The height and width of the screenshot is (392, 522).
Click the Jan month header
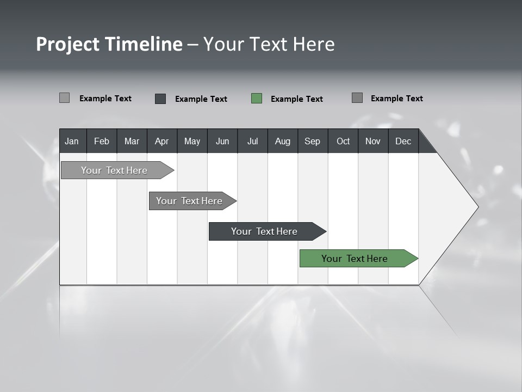coord(72,141)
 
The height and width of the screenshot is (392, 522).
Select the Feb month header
coord(102,141)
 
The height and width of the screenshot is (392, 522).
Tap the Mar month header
coord(132,141)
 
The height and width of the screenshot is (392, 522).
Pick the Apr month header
coord(162,141)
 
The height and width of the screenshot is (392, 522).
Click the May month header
coord(192,141)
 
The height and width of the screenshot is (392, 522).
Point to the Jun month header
coord(222,141)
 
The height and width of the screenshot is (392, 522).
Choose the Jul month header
coord(252,141)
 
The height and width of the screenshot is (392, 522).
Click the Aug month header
coord(283,141)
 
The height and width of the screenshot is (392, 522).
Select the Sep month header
coord(313,141)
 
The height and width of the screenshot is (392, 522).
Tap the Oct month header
coord(343,141)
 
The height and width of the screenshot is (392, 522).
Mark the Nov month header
coord(373,141)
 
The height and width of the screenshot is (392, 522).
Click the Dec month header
coord(403,141)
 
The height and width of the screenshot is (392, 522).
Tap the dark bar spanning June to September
coord(265,231)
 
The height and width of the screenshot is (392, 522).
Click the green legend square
coord(257,99)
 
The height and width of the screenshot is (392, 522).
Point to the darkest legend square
coord(160,99)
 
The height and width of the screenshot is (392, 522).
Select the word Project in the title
coord(67,44)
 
